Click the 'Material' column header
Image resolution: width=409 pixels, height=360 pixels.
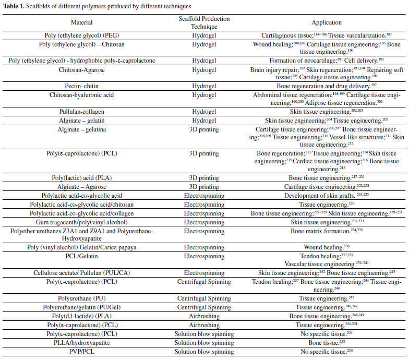[x=81, y=22]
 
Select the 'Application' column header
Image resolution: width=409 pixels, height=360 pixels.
[x=327, y=22]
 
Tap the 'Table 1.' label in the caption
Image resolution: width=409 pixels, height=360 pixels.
[x=14, y=6]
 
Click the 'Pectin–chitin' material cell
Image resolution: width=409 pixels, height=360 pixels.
[x=81, y=85]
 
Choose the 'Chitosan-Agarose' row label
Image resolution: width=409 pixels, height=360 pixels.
[x=81, y=69]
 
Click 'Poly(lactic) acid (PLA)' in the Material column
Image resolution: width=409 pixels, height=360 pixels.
[x=81, y=178]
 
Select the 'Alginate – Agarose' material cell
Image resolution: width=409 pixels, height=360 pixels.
[x=81, y=186]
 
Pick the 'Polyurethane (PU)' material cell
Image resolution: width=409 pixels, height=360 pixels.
[x=81, y=299]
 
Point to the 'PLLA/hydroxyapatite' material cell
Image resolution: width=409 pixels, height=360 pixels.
[x=81, y=343]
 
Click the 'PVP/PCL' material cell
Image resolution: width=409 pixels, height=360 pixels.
[x=81, y=352]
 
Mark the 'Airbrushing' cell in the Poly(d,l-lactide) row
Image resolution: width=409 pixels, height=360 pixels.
[x=208, y=316]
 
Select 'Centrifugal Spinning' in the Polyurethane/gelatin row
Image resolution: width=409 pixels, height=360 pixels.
[x=208, y=308]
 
